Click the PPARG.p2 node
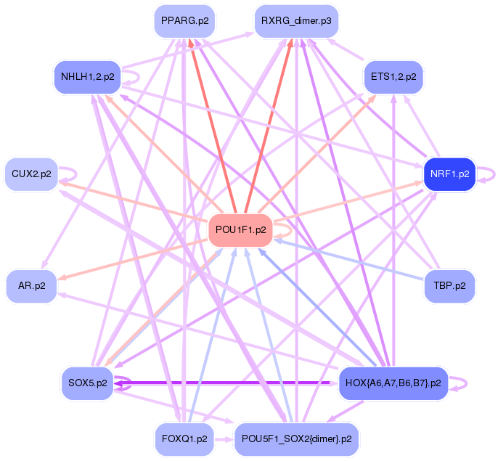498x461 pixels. point(185,21)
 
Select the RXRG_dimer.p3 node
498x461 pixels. point(296,21)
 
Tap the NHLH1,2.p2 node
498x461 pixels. point(88,76)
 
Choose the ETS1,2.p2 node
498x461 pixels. point(393,76)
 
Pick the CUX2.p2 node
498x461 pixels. point(31,174)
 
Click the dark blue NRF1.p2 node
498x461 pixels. point(449,174)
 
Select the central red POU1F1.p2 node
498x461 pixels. point(241,229)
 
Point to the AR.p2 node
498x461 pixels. point(31,285)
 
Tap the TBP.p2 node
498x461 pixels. point(449,285)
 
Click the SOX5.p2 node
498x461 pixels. point(86,383)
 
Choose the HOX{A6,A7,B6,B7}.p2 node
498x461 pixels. point(393,383)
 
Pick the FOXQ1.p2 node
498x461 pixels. point(185,439)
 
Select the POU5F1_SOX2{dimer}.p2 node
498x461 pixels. point(296,439)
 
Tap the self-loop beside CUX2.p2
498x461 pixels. point(70,174)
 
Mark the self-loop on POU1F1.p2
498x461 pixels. point(285,229)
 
